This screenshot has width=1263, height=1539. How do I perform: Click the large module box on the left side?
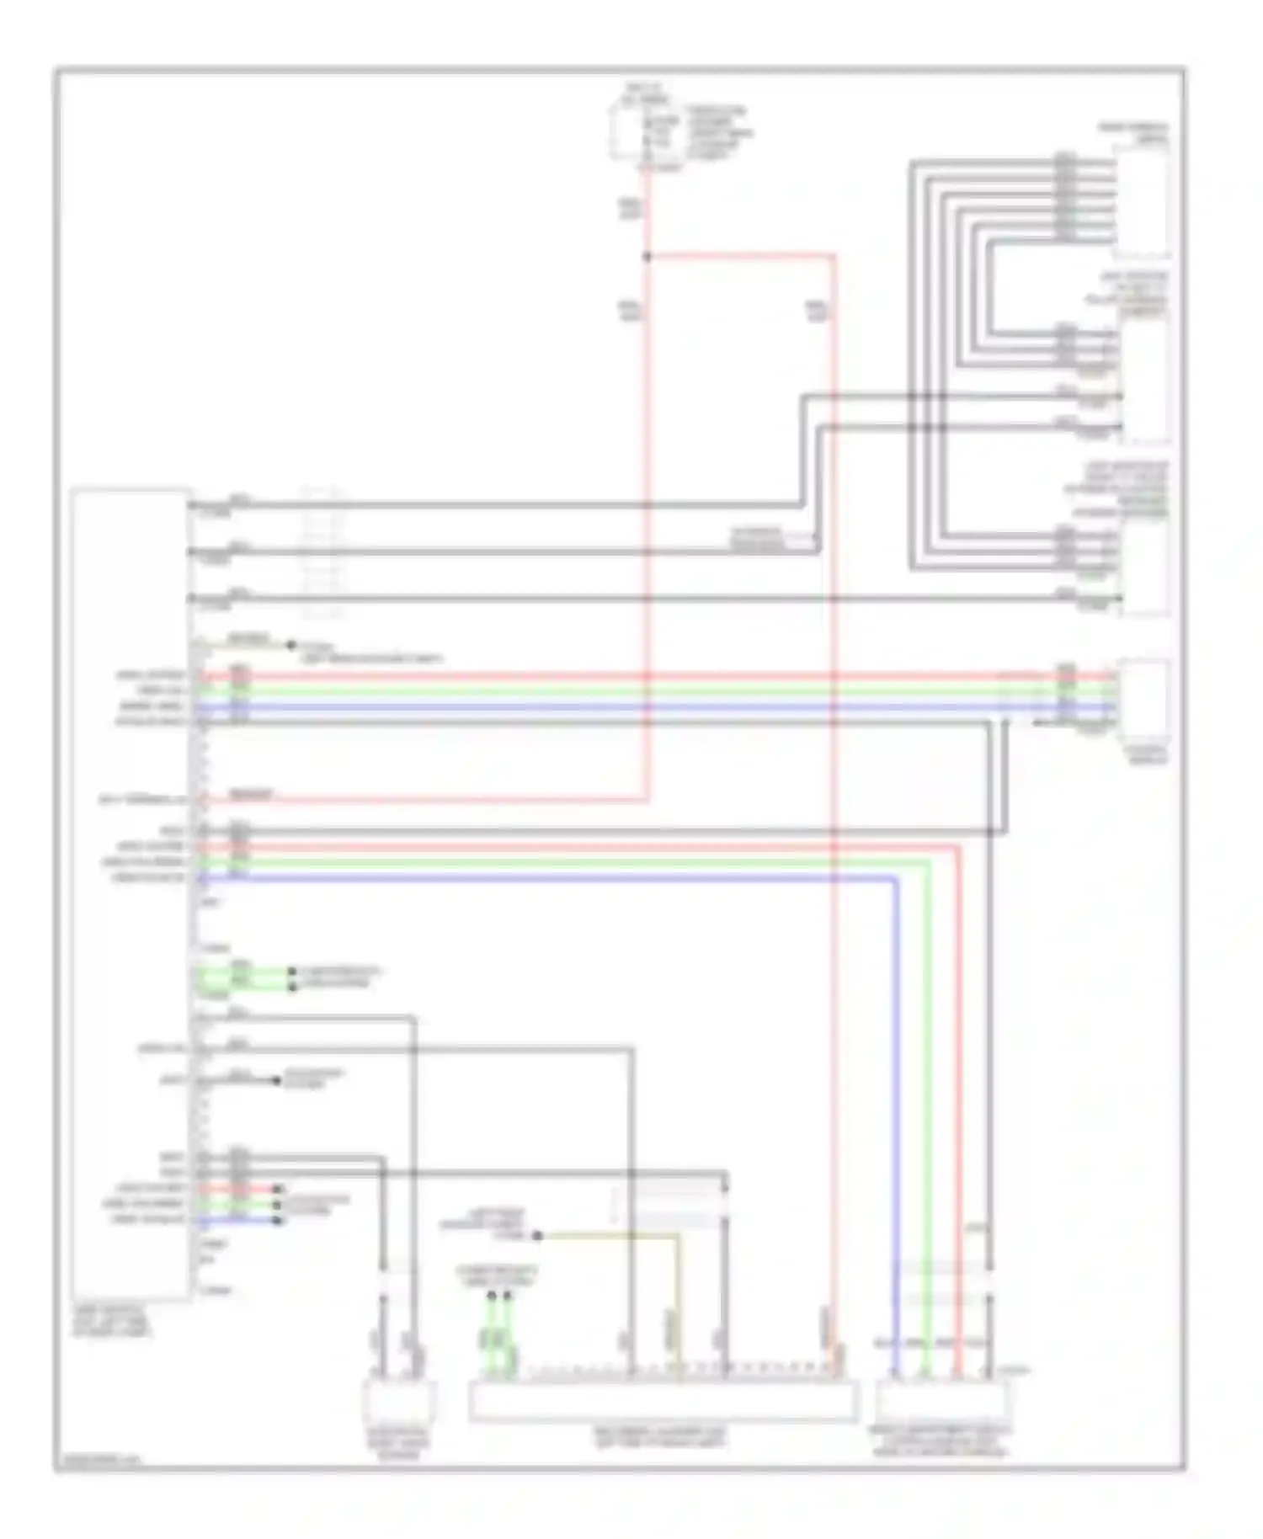click(131, 892)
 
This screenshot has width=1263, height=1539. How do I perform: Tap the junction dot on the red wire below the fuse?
click(647, 256)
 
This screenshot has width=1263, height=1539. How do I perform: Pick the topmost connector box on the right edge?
click(1142, 200)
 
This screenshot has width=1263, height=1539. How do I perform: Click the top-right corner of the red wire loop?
click(834, 255)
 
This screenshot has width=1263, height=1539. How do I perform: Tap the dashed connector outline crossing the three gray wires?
click(323, 551)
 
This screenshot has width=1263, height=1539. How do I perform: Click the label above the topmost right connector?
click(1132, 134)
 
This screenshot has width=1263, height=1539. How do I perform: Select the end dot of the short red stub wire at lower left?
click(278, 1189)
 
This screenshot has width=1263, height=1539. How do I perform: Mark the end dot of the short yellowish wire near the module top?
click(291, 646)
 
